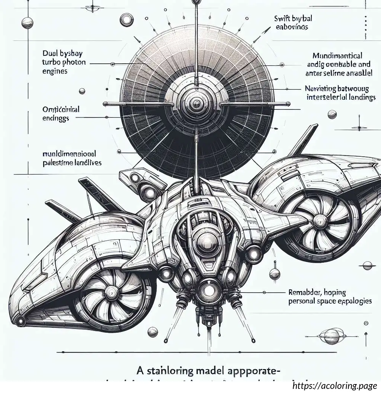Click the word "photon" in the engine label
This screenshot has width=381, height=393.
tap(71, 63)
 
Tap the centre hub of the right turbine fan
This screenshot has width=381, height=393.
tap(318, 222)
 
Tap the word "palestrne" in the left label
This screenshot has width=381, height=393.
tap(60, 162)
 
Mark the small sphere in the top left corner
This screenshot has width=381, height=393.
tap(28, 23)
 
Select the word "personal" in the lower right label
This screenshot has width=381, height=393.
tap(304, 301)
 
